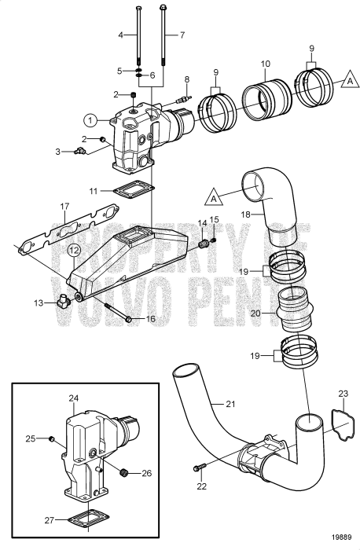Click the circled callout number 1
tap(90, 121)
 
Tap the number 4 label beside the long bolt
tap(121, 35)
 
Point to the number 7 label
tap(182, 35)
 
